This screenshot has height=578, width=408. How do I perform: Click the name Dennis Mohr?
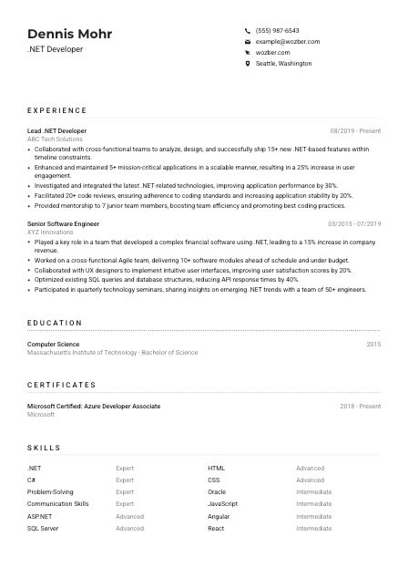(70, 34)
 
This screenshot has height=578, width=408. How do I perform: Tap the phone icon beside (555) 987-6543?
(248, 30)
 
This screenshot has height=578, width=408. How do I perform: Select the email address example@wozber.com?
(288, 42)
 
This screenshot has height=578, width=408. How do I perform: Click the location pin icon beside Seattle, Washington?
(248, 64)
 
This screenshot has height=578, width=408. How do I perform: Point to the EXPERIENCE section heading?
(56, 110)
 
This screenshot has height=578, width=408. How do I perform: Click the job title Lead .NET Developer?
(56, 130)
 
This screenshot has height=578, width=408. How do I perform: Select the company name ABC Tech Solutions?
(55, 139)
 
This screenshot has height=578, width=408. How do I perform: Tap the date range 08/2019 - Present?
(355, 130)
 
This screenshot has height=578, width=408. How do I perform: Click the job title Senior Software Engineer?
(63, 223)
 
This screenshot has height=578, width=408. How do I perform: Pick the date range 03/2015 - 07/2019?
(354, 223)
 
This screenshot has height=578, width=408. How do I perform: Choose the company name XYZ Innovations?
(50, 232)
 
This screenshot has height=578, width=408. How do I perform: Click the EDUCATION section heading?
(55, 323)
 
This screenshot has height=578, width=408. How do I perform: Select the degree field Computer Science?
(53, 344)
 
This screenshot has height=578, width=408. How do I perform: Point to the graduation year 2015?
(373, 344)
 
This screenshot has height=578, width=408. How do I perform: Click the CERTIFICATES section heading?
(61, 385)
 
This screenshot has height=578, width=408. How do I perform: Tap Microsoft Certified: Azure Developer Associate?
(94, 406)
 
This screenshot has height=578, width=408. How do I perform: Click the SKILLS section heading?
(44, 448)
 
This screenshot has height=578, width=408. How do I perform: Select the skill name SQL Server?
(43, 528)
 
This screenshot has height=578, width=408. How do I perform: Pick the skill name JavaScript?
(222, 503)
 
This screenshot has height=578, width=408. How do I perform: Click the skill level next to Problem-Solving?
(125, 491)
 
